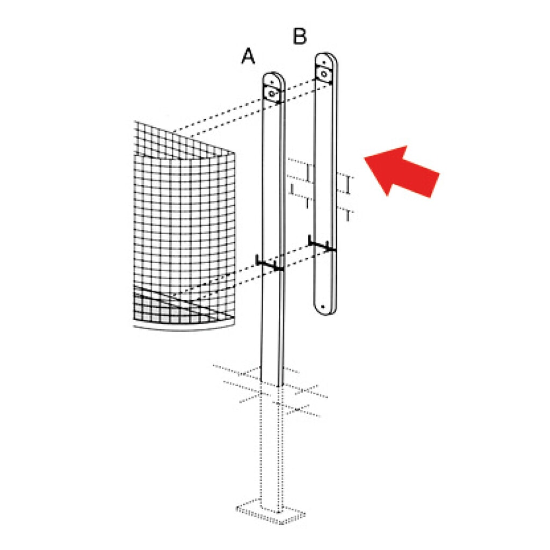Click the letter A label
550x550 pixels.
(x=248, y=56)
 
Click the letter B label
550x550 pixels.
(x=300, y=36)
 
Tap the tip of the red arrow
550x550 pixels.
(x=365, y=158)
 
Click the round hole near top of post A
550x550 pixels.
(x=272, y=93)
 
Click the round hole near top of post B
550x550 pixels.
(x=324, y=74)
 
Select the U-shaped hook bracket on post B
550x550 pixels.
(x=322, y=244)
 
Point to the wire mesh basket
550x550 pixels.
(x=184, y=225)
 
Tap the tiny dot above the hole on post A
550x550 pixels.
(x=272, y=82)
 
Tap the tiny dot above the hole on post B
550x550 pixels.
(x=324, y=62)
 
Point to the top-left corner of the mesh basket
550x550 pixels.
(x=134, y=121)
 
